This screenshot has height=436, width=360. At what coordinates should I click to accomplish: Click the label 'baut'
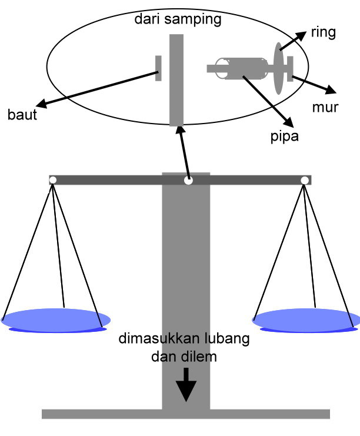[22, 115]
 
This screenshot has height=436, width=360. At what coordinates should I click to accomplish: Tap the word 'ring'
[323, 33]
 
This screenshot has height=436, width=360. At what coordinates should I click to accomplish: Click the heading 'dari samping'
[178, 20]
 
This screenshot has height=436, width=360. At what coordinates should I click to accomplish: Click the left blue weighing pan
[56, 319]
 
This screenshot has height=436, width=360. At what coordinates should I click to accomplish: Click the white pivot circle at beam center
[188, 181]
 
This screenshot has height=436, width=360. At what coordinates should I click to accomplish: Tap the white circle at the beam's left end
[52, 180]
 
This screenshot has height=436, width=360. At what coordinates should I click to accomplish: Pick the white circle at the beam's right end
[305, 180]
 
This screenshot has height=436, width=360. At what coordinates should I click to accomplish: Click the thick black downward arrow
[186, 385]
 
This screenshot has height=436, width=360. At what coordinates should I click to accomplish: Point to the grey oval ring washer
[278, 68]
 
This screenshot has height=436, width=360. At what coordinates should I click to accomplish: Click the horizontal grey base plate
[185, 414]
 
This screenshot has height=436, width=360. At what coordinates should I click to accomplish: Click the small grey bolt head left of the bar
[158, 68]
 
